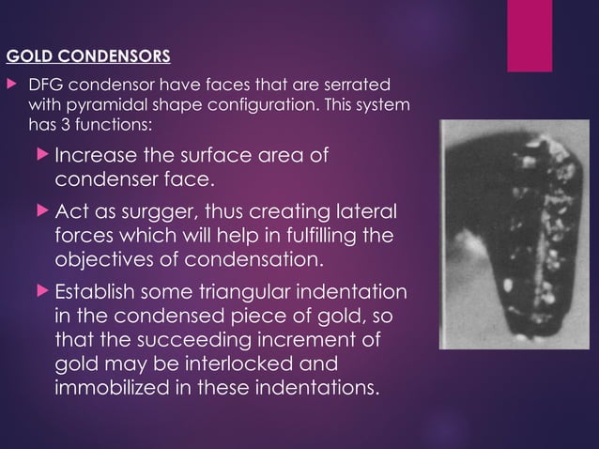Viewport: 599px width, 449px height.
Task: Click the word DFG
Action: click(x=48, y=85)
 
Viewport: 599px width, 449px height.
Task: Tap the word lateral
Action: click(x=367, y=210)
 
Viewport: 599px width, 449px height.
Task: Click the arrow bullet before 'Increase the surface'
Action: click(x=45, y=155)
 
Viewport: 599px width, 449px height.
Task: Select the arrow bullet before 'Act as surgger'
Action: click(x=45, y=210)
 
